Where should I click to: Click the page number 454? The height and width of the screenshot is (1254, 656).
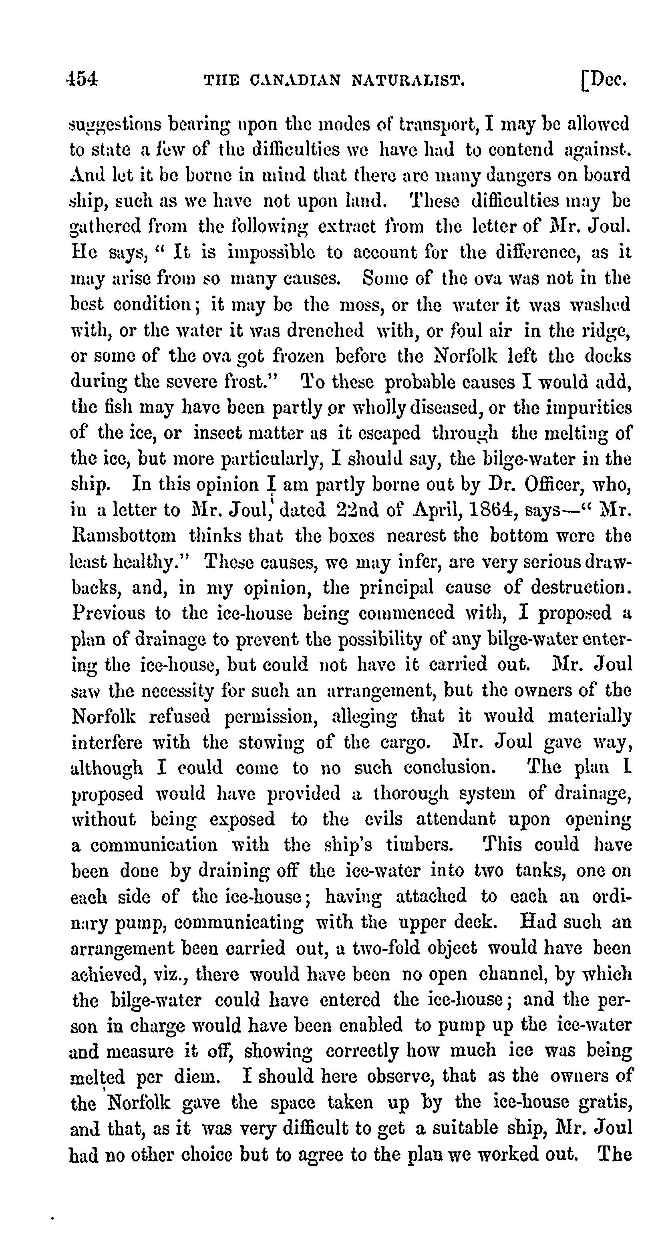point(83,79)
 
